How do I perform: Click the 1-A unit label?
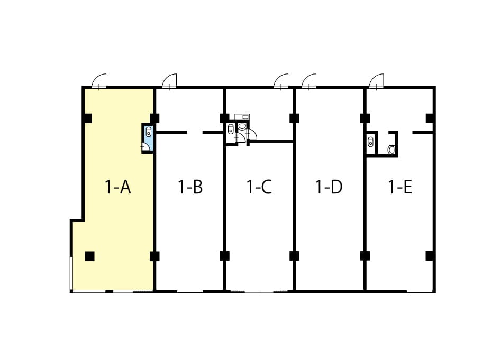[x=118, y=187]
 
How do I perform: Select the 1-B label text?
[x=190, y=187]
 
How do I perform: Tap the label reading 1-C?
[x=259, y=187]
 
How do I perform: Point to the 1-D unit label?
[x=329, y=187]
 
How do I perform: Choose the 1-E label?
[x=400, y=187]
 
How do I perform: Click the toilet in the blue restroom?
[x=148, y=132]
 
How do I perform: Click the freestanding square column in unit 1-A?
[x=89, y=256]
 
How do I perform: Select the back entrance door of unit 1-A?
[x=99, y=81]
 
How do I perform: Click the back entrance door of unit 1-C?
[x=281, y=81]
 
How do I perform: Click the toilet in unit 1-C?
[x=242, y=126]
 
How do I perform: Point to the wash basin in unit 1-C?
[x=231, y=130]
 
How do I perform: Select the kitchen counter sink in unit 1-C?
[x=242, y=116]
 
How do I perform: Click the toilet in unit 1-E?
[x=391, y=150]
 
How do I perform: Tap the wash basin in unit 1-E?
[x=371, y=141]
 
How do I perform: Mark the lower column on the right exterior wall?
[x=430, y=256]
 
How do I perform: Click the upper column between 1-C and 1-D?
[x=294, y=118]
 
